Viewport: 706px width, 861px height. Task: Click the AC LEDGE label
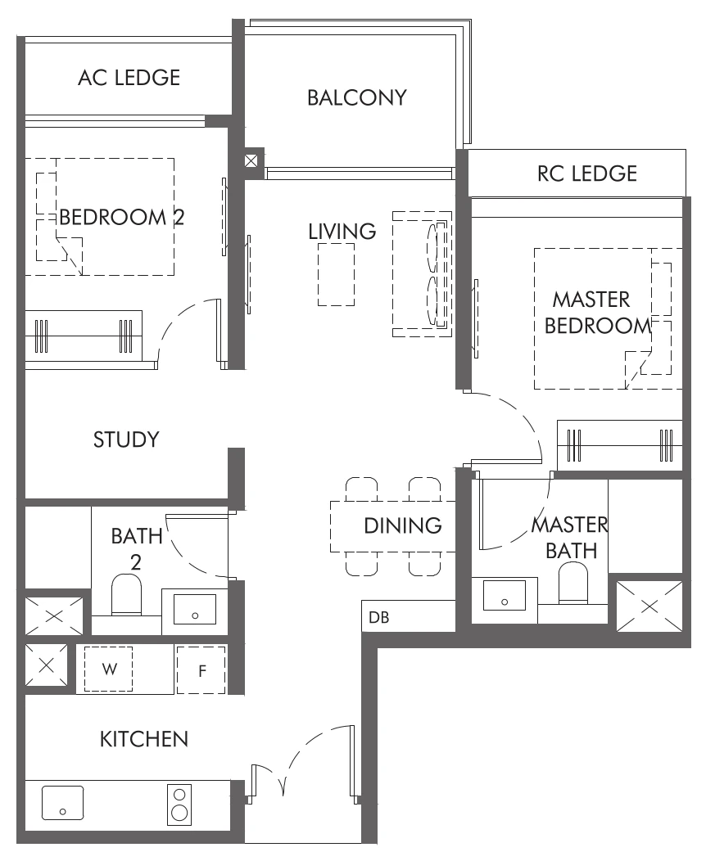[x=129, y=78]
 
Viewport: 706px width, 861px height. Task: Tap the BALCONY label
[x=356, y=97]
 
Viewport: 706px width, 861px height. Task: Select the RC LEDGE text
[x=586, y=174]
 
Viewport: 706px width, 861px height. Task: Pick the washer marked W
[x=108, y=669]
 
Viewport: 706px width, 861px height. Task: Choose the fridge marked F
[x=201, y=670]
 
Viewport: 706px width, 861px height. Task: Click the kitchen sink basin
[x=63, y=802]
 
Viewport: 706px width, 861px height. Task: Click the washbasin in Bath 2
[x=195, y=610]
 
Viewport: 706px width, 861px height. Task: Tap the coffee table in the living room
[x=336, y=274]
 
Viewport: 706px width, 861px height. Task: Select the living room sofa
[x=422, y=274]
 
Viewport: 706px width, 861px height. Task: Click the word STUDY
[x=125, y=440]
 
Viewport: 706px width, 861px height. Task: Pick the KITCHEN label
[x=143, y=739]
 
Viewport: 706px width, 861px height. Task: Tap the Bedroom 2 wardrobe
[x=84, y=336]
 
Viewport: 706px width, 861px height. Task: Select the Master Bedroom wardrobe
[x=619, y=445]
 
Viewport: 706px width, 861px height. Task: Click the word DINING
[x=403, y=525]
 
